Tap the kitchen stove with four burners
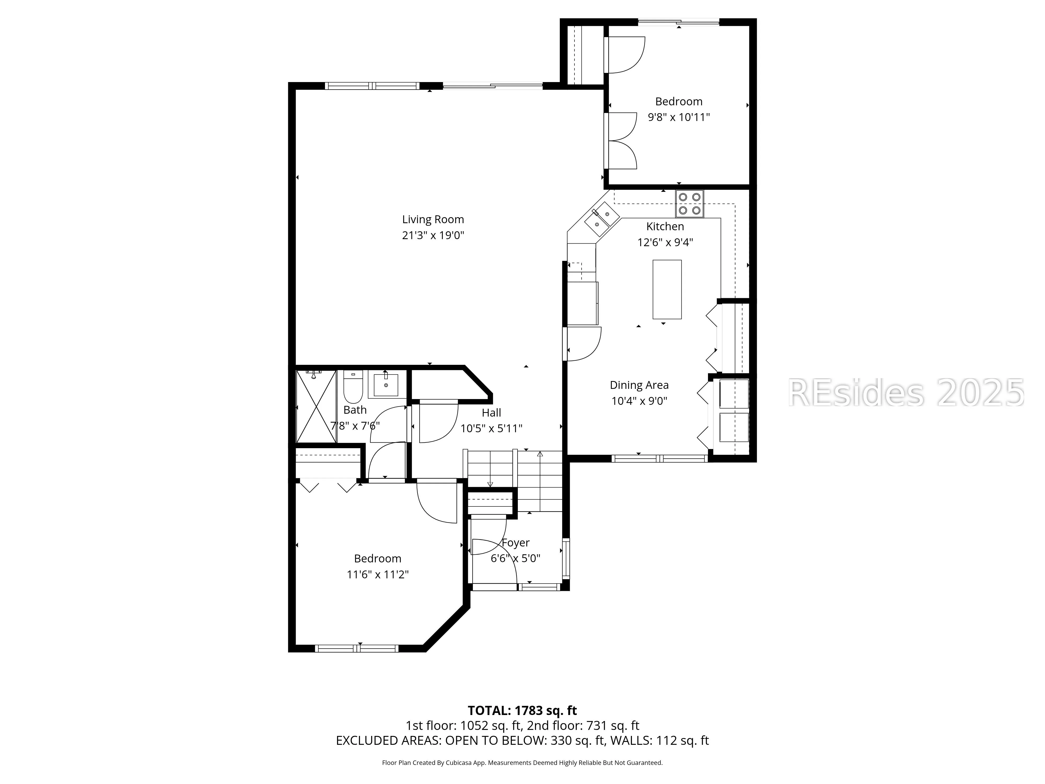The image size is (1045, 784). [x=689, y=204]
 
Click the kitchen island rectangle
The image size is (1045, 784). [x=667, y=289]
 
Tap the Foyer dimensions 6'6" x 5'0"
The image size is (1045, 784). [x=515, y=558]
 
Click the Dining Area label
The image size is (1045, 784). [x=639, y=385]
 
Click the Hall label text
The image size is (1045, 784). [x=491, y=413]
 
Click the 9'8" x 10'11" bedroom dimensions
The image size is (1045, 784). [x=679, y=117]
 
